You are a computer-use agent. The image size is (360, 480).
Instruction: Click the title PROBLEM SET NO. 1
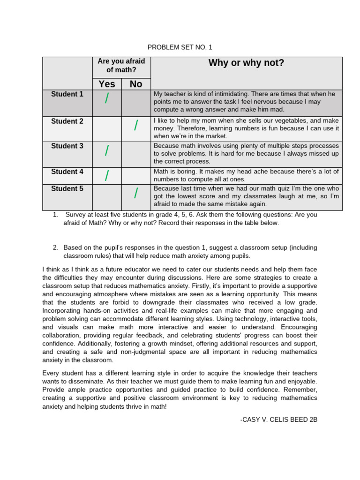click(180, 47)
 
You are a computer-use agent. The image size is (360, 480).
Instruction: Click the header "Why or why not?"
click(246, 63)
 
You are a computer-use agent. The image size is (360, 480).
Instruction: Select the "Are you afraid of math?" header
click(121, 66)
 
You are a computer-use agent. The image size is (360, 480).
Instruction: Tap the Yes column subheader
click(107, 84)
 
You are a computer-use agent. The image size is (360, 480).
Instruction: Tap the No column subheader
click(136, 84)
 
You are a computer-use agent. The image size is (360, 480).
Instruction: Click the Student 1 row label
click(67, 94)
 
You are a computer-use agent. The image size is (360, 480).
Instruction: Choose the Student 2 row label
click(67, 121)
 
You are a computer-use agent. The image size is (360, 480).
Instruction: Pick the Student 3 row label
click(67, 146)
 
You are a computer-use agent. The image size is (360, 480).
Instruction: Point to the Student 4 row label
click(67, 172)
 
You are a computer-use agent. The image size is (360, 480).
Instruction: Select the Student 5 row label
click(67, 189)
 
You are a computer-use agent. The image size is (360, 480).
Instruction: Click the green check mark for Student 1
click(107, 99)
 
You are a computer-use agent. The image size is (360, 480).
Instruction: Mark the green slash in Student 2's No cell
click(136, 125)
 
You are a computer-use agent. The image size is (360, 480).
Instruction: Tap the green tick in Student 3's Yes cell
click(107, 150)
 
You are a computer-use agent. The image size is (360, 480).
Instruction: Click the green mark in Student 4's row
click(107, 176)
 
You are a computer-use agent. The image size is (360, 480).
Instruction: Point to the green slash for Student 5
click(136, 193)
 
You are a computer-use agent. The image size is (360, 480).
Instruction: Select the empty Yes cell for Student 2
click(107, 129)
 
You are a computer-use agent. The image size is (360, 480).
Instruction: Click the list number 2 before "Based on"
click(55, 247)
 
